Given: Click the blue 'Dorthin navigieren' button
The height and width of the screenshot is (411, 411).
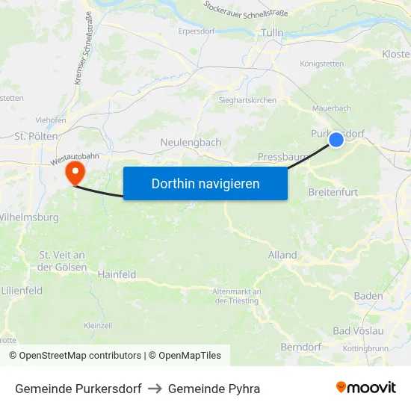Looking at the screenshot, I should coord(205,183).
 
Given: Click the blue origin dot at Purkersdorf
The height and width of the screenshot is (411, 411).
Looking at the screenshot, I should coord(336,139).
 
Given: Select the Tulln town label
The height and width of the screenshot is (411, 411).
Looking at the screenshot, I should coord(272,33).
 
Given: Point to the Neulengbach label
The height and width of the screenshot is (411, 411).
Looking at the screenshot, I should coord(191,142).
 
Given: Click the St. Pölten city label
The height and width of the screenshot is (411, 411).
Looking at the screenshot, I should coord(32,137).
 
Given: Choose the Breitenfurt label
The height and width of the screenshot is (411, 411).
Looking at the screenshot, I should coord(333,192).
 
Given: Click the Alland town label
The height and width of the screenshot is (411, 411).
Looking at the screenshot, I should coord(282,255).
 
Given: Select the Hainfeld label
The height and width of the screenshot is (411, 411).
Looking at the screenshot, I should coord(117,274).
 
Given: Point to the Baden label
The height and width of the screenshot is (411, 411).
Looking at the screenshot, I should coord(368,296).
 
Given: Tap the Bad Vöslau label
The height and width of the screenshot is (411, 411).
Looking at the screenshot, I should coord(358,330).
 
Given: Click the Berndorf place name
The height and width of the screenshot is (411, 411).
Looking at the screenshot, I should coord(300,347).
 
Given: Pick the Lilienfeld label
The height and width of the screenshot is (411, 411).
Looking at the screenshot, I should coord(22,290).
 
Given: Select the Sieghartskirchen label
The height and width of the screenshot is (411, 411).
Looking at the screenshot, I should coord(247,100).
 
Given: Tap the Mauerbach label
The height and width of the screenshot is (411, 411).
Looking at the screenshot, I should coord(332,108).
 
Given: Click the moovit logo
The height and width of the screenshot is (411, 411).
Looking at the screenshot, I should coord(366,387).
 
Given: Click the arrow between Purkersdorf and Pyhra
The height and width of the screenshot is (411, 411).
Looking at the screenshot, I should coord(155,389).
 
